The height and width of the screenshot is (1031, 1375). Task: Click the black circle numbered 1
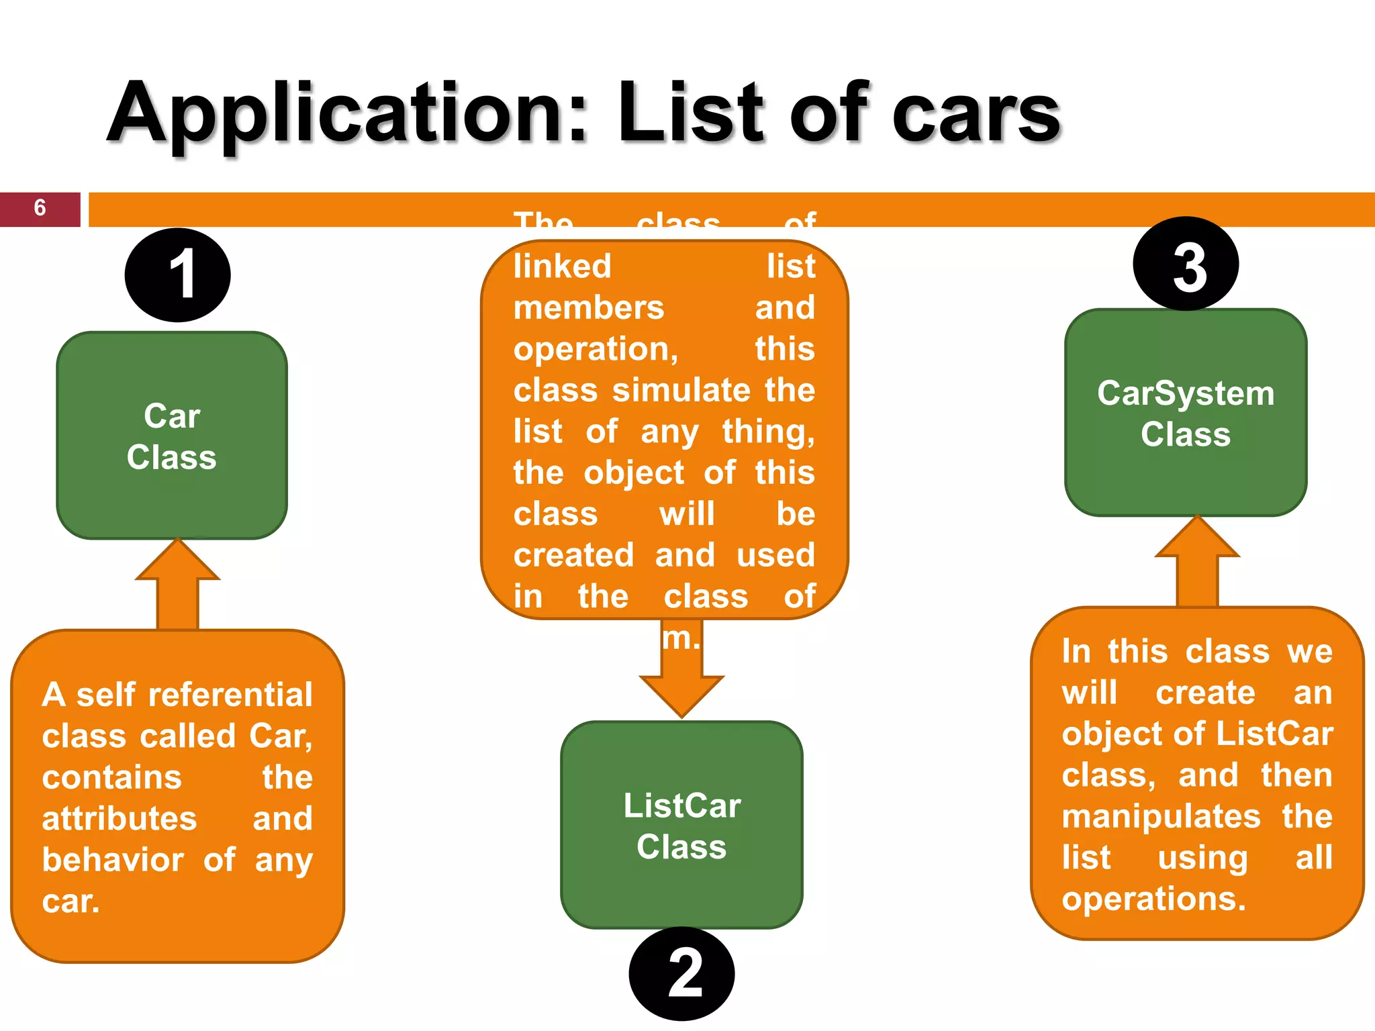pos(178,275)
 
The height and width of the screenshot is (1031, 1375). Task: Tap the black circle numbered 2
pos(681,973)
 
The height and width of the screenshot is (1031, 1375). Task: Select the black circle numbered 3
pos(1186,264)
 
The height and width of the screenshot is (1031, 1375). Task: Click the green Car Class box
pos(172,436)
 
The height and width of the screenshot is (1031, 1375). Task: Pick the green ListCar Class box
pos(681,825)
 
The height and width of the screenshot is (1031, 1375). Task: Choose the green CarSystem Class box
pos(1186,412)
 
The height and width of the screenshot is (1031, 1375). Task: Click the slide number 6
pos(40,209)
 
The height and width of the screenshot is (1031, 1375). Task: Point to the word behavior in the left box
pos(113,860)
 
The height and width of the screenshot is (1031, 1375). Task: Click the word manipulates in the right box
pos(1161,817)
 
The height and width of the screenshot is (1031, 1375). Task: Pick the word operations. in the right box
pos(1153,899)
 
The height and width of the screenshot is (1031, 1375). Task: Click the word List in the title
pos(691,113)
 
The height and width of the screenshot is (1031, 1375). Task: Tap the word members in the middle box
pos(589,308)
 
